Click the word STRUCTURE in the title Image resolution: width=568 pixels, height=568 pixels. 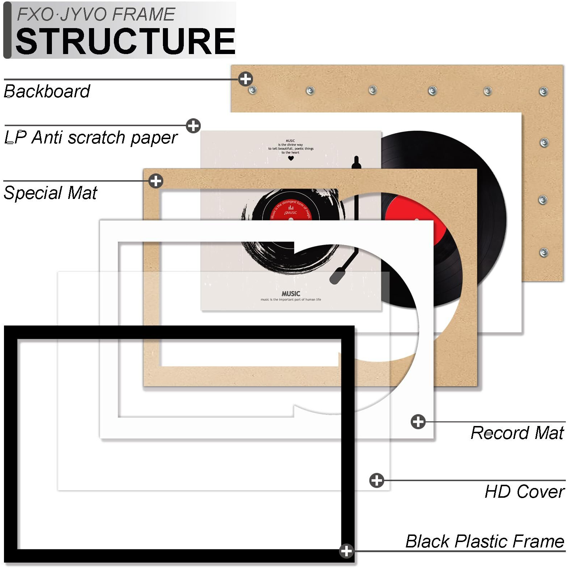pos(125,41)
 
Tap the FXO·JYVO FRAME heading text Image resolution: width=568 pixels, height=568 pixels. pos(96,15)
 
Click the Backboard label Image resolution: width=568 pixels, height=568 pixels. pos(47,91)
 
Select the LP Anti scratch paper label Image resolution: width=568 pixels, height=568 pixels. pos(91,138)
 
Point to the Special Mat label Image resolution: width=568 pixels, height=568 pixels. pos(50,193)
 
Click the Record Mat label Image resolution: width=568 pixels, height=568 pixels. pos(517,433)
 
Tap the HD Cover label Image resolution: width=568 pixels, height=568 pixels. pos(524,492)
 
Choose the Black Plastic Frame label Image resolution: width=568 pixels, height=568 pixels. pos(484,541)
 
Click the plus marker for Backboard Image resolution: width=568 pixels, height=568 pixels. pos(245,79)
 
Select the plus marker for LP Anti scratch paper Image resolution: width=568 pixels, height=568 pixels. pos(193,126)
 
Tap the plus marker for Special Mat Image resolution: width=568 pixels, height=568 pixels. pos(156,181)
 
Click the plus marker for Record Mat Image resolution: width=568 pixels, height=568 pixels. pos(418,421)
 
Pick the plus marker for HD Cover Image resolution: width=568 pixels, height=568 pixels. pos(377,480)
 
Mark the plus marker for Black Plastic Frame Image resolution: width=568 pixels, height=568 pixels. pos(346,551)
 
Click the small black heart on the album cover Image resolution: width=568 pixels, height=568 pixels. pos(291,158)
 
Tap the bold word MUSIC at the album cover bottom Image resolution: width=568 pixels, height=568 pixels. pos(291,294)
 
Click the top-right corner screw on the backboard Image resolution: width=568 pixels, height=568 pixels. pos(543,91)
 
